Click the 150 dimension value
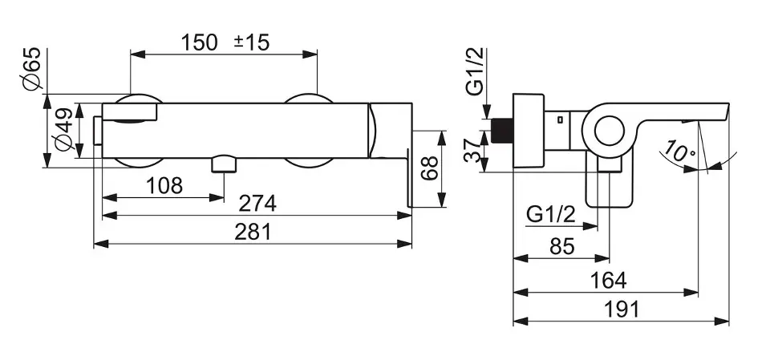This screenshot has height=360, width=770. (x=200, y=42)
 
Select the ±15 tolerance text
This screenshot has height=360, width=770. (x=251, y=42)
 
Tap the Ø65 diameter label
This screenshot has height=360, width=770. (x=31, y=69)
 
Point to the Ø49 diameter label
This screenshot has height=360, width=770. (x=64, y=129)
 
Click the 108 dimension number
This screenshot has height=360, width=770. (x=164, y=186)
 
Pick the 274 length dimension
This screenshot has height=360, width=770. (x=257, y=204)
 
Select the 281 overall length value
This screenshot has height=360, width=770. (x=253, y=232)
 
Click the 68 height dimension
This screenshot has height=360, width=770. (x=430, y=168)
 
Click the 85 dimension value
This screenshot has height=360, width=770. (x=562, y=247)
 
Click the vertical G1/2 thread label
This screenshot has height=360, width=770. (x=475, y=71)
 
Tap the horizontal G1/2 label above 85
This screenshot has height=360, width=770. (x=550, y=215)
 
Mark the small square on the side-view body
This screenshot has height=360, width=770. (x=561, y=119)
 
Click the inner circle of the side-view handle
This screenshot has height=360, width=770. (x=610, y=131)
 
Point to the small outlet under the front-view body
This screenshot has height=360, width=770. (x=224, y=164)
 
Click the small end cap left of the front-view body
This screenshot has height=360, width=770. (x=98, y=131)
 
